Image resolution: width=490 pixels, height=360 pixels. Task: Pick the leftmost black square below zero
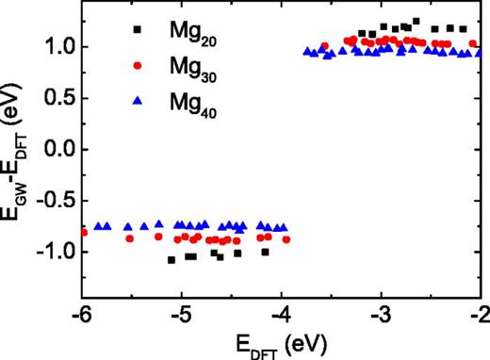coord(171,259)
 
